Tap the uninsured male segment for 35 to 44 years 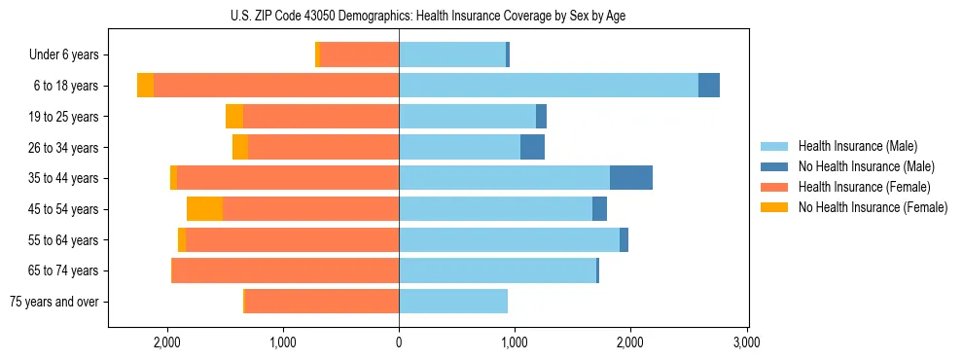click(x=630, y=178)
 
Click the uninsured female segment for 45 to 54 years click(x=204, y=209)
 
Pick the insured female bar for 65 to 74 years click(x=286, y=270)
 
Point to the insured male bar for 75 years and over click(x=453, y=302)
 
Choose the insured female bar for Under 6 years click(x=360, y=55)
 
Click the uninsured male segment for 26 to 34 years click(x=532, y=148)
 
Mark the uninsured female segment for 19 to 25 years click(x=234, y=117)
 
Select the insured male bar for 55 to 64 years click(x=509, y=240)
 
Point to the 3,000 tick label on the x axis click(x=746, y=342)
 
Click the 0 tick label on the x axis click(x=399, y=342)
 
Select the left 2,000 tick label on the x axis click(x=167, y=342)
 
